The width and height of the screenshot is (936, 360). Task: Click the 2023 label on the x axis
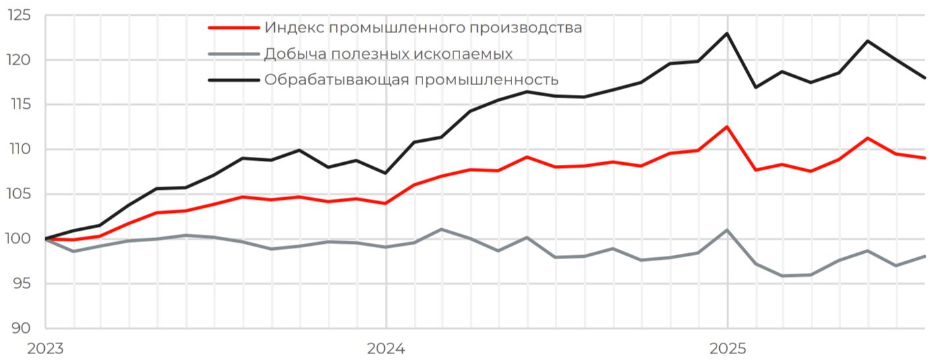point(45,348)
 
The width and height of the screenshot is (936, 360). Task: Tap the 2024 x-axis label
point(386,348)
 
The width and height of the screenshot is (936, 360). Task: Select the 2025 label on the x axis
point(728,348)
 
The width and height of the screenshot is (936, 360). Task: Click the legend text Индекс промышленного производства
point(423,28)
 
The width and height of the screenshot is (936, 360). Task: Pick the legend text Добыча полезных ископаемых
point(388,53)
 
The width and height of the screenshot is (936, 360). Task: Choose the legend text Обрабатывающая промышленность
point(411,80)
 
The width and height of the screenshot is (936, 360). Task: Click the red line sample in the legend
point(234,28)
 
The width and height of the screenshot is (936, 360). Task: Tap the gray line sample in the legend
point(234,53)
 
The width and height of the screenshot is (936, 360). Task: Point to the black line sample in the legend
point(234,80)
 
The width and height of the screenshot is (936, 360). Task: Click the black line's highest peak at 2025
point(727,33)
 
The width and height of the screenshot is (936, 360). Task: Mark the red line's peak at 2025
point(727,127)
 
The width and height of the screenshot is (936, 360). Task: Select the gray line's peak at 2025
point(727,230)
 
